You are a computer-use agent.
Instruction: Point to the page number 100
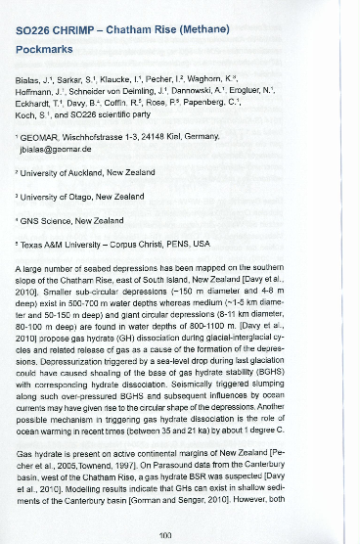click(x=178, y=534)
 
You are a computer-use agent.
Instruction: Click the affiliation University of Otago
click(x=79, y=196)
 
